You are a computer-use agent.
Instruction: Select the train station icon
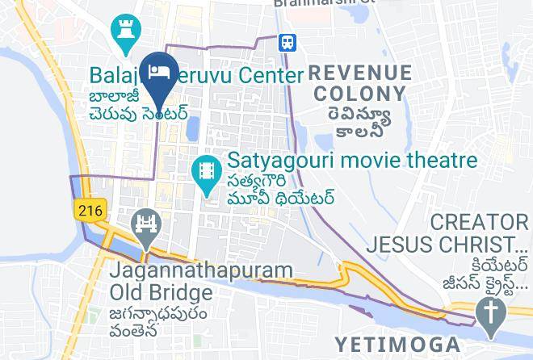coord(287,42)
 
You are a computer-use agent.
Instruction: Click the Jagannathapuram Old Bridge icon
coord(146,226)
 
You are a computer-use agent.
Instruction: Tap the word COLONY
coord(360,94)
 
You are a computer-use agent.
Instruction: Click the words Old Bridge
coord(152,291)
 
